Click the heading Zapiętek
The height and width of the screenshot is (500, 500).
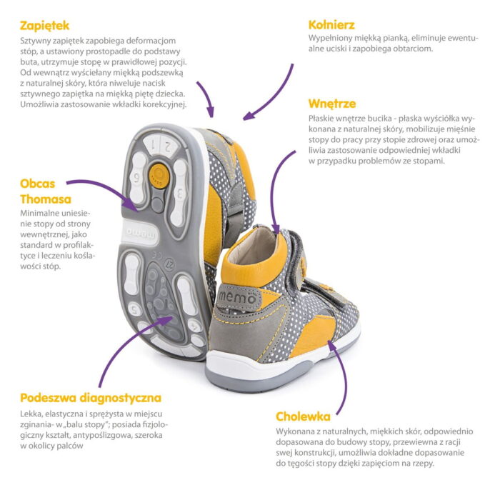coord(44,26)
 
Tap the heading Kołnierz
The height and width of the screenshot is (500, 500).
coord(331,25)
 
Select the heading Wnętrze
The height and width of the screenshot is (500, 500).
coord(332,104)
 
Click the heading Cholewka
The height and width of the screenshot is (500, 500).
coord(303,416)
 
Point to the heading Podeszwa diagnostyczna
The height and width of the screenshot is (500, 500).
coord(91,399)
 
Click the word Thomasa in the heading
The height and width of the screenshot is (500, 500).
coord(46,199)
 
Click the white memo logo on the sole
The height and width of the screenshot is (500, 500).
coord(140,233)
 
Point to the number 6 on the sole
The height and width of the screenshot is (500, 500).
coord(137,178)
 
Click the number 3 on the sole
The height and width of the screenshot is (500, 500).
coord(180,194)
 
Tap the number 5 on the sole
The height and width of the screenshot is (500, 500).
coord(135,309)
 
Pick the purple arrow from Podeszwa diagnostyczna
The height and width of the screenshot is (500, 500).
coord(128,344)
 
